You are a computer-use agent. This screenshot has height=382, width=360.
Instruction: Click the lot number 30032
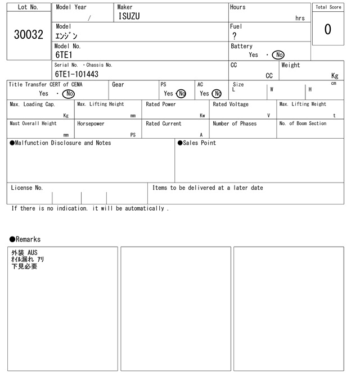[28, 35]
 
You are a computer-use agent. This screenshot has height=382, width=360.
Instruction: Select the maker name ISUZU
[129, 16]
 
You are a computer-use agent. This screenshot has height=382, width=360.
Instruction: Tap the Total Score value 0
[327, 29]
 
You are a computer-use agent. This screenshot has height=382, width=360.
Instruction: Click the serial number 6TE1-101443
[76, 74]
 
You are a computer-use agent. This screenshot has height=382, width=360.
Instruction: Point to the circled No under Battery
[278, 55]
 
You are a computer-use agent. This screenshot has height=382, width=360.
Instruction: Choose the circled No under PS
[181, 94]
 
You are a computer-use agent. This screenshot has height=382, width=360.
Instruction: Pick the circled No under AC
[217, 94]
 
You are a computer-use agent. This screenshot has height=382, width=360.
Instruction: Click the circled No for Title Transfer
[69, 94]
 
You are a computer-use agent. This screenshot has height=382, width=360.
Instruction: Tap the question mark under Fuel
[235, 36]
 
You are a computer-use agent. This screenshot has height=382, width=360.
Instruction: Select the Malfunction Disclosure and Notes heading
[60, 143]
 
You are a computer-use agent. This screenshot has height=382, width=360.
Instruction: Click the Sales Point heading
[197, 143]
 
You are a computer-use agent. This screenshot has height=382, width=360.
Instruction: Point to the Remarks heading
[25, 239]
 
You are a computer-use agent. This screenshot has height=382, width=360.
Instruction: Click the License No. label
[26, 188]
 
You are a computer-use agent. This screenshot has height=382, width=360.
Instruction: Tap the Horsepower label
[91, 124]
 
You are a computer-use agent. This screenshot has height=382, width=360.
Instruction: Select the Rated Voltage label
[231, 104]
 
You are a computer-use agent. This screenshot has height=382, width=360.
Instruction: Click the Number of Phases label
[235, 124]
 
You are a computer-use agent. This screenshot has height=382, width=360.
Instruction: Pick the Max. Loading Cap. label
[33, 104]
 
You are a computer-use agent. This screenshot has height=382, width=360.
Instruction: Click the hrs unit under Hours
[300, 19]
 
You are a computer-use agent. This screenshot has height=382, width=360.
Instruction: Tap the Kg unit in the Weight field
[335, 75]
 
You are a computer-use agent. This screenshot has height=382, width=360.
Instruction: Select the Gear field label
[118, 85]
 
